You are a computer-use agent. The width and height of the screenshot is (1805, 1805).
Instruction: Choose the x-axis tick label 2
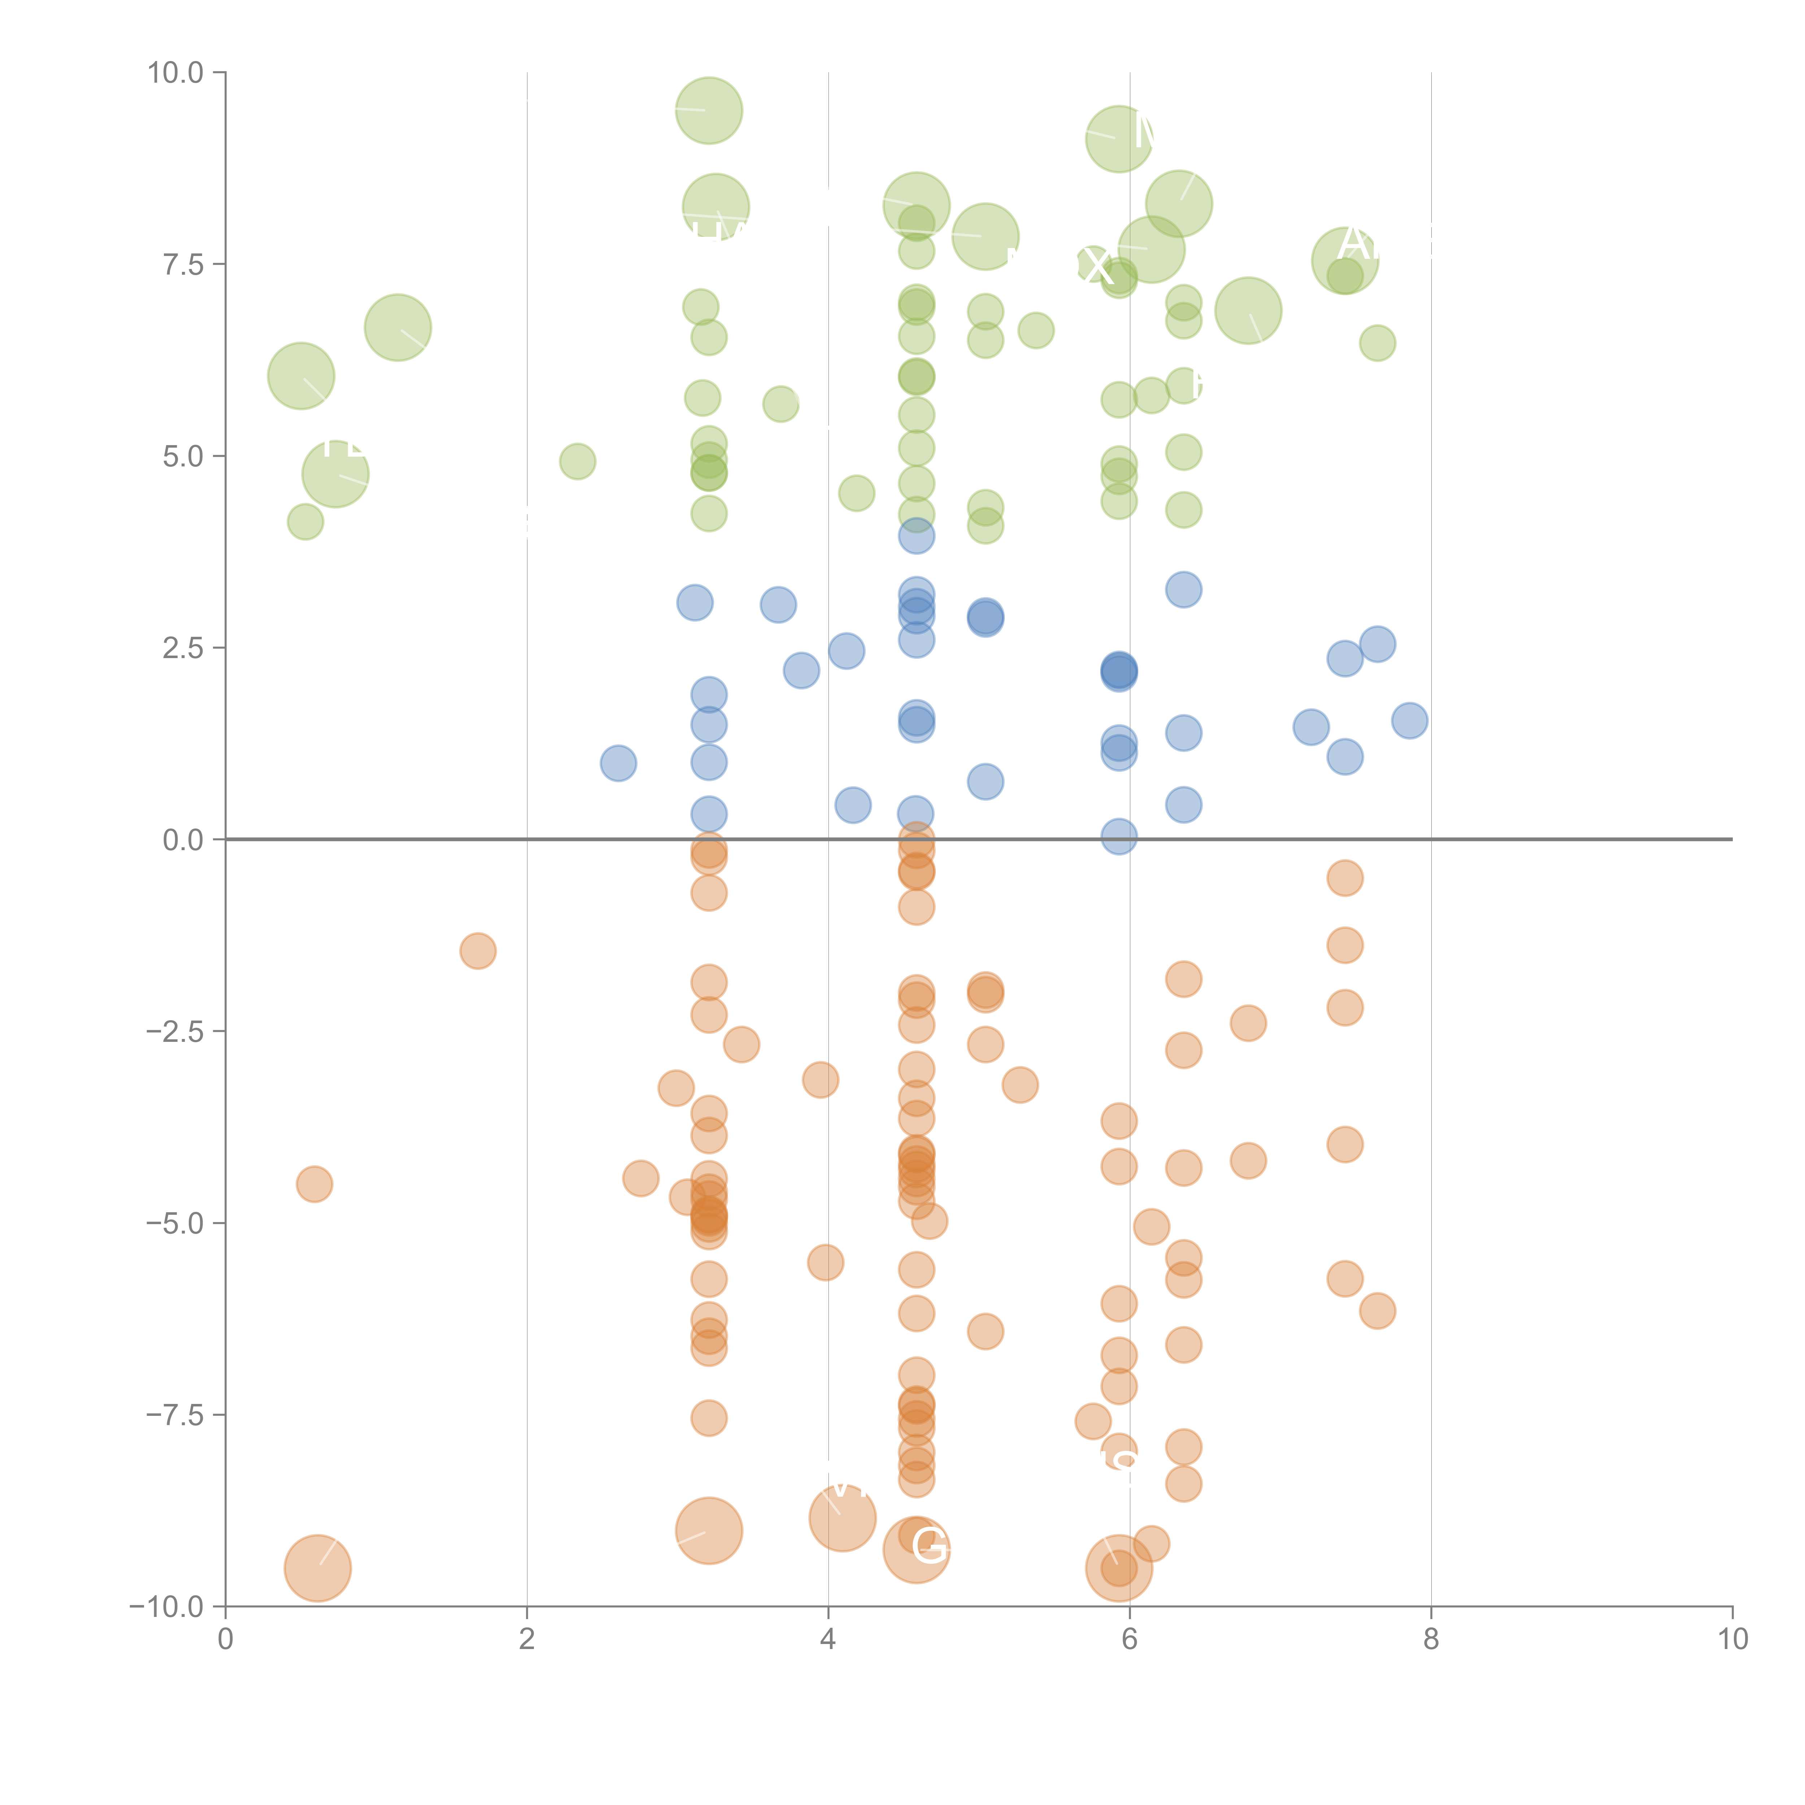[x=527, y=1640]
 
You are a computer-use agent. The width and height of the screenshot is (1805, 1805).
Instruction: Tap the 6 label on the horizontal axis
[x=1130, y=1640]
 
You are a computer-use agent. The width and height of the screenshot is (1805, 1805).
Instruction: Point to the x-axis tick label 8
[x=1431, y=1640]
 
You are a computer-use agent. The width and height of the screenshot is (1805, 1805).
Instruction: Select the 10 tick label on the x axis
[x=1732, y=1640]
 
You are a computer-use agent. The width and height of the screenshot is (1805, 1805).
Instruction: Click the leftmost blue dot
[x=618, y=763]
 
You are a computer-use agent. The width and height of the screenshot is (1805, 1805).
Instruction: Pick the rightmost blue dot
[x=1409, y=720]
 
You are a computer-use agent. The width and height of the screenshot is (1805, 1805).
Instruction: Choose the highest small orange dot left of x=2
[x=477, y=951]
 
